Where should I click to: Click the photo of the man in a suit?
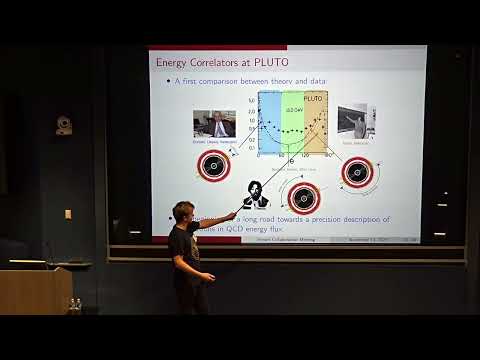click(x=214, y=124)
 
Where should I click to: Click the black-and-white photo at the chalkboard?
click(x=356, y=122)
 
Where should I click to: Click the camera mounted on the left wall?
click(x=64, y=126)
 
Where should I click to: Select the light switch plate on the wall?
click(x=68, y=214)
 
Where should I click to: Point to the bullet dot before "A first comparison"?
click(x=167, y=81)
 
